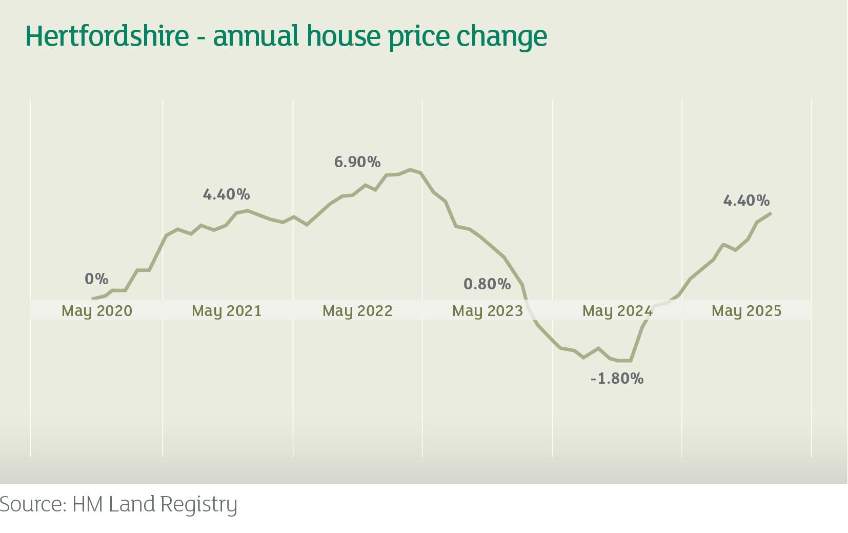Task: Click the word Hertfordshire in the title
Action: pyautogui.click(x=107, y=36)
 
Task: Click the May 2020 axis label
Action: pyautogui.click(x=96, y=311)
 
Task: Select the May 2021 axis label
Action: pyautogui.click(x=227, y=311)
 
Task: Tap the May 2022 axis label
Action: pyautogui.click(x=357, y=311)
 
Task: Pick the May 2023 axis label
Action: pyautogui.click(x=487, y=311)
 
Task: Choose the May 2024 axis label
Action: pyautogui.click(x=617, y=311)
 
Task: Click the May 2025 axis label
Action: pyautogui.click(x=746, y=311)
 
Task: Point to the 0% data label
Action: pyautogui.click(x=96, y=279)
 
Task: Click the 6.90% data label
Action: pyautogui.click(x=357, y=162)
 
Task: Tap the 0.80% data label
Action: pyautogui.click(x=487, y=284)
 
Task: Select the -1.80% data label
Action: pyautogui.click(x=617, y=379)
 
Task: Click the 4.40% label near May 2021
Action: pyautogui.click(x=226, y=194)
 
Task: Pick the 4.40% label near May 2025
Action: pyautogui.click(x=746, y=200)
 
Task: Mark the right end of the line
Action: pyautogui.click(x=771, y=213)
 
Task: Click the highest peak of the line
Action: pyautogui.click(x=410, y=169)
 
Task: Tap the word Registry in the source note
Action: pyautogui.click(x=199, y=505)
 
